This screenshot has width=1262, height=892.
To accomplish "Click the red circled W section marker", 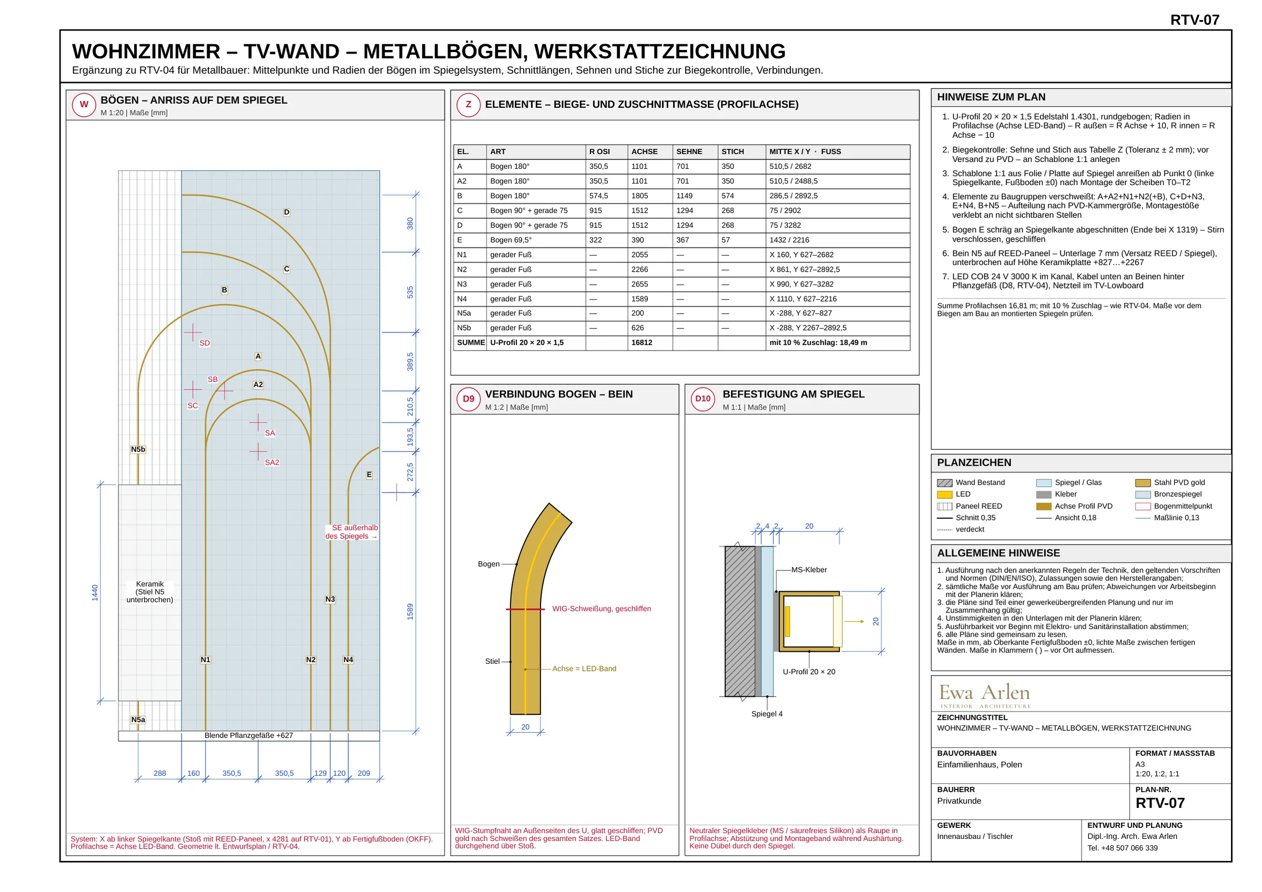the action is [x=84, y=105].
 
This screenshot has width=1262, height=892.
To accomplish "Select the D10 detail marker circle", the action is [x=703, y=399].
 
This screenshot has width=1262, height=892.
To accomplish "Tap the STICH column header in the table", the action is [x=732, y=152].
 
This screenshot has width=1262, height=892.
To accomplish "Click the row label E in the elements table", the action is [x=460, y=240].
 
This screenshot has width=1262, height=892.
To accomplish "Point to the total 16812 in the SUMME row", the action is [x=642, y=342].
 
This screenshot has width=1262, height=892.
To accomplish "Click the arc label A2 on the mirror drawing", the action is [x=258, y=385].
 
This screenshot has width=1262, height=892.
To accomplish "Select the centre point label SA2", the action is [x=272, y=463].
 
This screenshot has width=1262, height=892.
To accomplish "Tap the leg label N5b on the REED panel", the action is [x=138, y=449].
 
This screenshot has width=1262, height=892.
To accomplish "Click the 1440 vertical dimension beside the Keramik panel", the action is [x=95, y=592].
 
